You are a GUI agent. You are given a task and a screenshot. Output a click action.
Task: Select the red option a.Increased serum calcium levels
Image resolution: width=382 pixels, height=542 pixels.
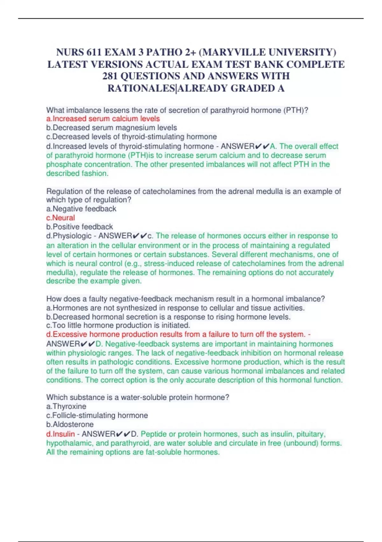point(103,119)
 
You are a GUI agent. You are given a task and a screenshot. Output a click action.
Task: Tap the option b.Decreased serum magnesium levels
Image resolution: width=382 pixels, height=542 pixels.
point(111,128)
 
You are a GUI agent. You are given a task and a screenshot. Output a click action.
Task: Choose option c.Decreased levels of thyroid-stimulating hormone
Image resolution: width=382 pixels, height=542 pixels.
point(131,137)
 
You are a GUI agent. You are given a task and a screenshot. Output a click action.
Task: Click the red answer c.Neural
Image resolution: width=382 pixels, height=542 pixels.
point(60,218)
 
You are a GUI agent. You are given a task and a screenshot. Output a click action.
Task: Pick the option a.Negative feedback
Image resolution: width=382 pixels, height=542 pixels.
point(81,209)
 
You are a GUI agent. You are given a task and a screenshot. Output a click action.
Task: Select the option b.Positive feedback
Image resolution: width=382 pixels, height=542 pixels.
point(80,227)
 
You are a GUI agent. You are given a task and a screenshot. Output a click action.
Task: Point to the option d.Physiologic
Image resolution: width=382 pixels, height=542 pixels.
point(69,236)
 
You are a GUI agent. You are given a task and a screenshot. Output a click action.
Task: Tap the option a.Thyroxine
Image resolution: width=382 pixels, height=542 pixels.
point(66,406)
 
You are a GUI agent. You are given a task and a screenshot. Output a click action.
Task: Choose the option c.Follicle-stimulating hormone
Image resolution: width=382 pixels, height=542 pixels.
point(97,415)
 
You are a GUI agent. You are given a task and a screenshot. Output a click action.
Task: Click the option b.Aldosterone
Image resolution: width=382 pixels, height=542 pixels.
point(70,424)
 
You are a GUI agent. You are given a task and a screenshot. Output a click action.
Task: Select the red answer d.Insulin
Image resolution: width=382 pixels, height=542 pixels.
point(60,434)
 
